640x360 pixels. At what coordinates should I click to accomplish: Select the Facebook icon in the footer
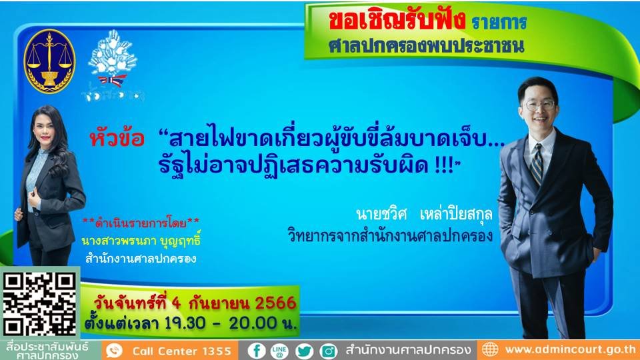(x=257, y=350)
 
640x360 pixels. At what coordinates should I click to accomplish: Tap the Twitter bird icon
(x=305, y=350)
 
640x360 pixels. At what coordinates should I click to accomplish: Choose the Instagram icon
(x=328, y=350)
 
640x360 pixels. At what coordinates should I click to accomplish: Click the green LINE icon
(x=281, y=350)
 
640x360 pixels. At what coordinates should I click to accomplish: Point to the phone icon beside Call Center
(x=115, y=350)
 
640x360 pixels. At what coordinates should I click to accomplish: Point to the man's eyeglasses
(x=539, y=105)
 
